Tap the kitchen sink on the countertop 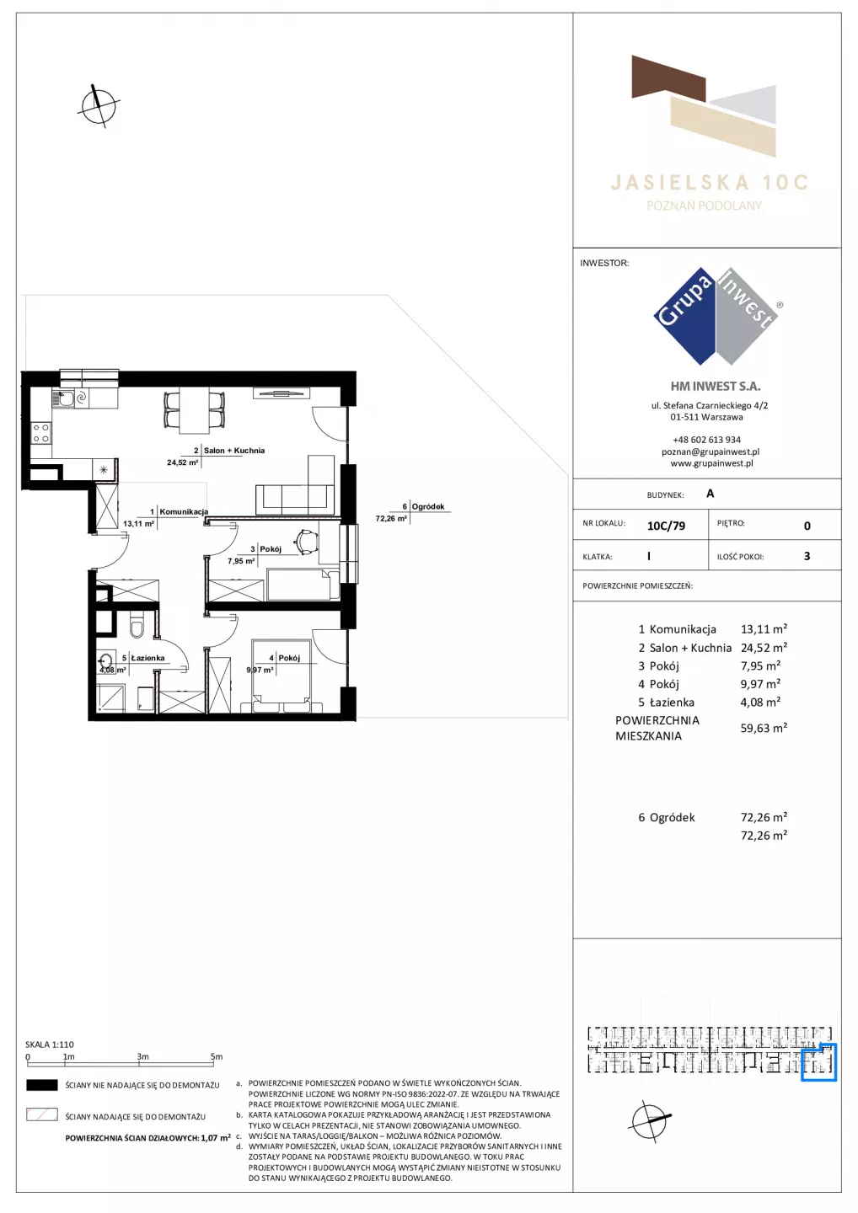[x=63, y=398]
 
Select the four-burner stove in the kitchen [x=41, y=433]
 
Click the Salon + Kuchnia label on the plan [x=234, y=450]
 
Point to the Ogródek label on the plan [x=428, y=506]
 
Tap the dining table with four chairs [x=195, y=410]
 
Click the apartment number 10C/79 [x=666, y=526]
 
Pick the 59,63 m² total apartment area [x=764, y=728]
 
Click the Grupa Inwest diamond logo [x=716, y=316]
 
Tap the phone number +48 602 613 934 [x=707, y=440]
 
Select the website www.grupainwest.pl [x=711, y=463]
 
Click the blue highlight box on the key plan [x=819, y=1062]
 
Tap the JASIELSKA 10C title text [x=710, y=183]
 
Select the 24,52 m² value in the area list [x=764, y=647]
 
